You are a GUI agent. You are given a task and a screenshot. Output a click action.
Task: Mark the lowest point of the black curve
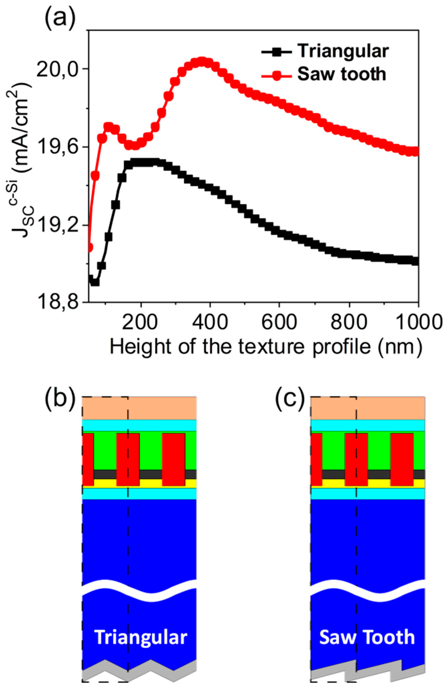click(x=95, y=282)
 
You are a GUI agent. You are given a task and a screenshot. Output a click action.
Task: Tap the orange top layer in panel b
click(x=139, y=408)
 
